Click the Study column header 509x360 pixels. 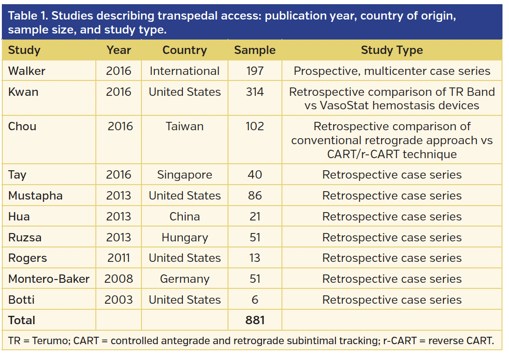[24, 50]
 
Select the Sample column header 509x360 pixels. [254, 50]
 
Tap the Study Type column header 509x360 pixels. [392, 50]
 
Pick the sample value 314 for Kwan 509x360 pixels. [254, 92]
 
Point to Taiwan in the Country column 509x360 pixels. [185, 127]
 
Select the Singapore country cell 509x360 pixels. [185, 175]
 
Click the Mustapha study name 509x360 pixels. [35, 196]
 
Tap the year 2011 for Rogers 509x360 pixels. [118, 258]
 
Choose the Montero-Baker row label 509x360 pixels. [49, 279]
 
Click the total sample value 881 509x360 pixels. [254, 320]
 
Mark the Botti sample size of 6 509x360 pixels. [254, 300]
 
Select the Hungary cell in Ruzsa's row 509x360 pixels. [185, 238]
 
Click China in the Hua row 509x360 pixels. [185, 217]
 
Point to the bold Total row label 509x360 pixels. [22, 320]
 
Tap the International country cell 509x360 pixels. [185, 71]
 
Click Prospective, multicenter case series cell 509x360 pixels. [392, 71]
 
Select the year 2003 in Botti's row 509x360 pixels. [118, 300]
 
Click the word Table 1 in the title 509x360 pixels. [28, 16]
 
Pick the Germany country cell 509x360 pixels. [185, 279]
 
